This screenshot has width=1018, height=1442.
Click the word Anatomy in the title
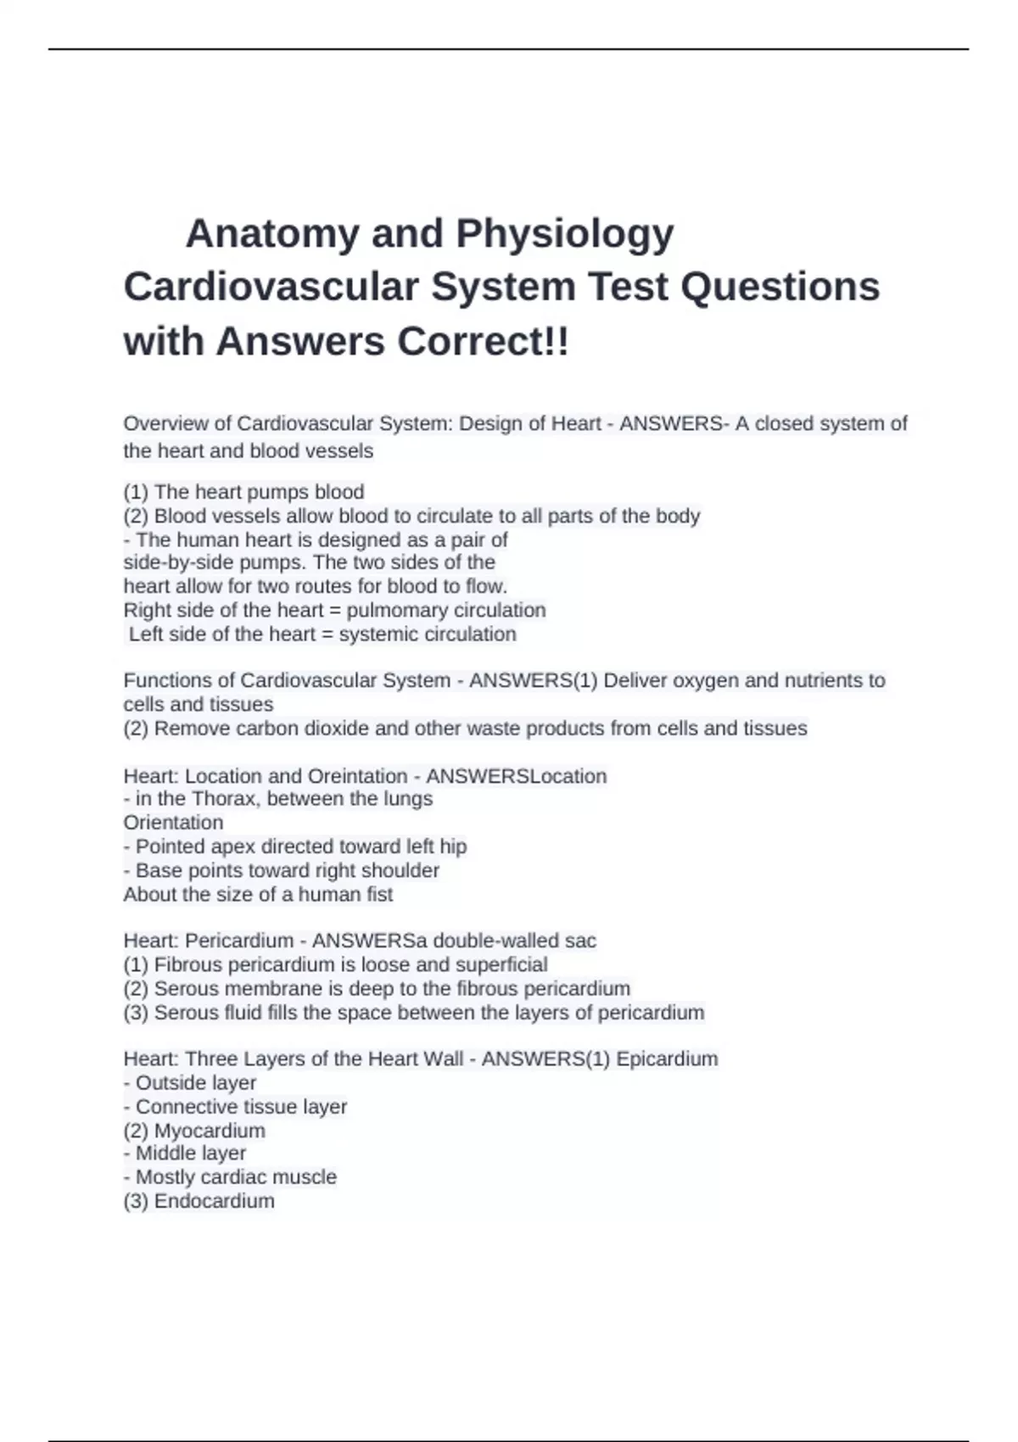(271, 234)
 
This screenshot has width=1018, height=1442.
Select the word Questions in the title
(780, 287)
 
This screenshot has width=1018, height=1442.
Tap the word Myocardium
(210, 1130)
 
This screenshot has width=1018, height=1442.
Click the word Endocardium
(214, 1200)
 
